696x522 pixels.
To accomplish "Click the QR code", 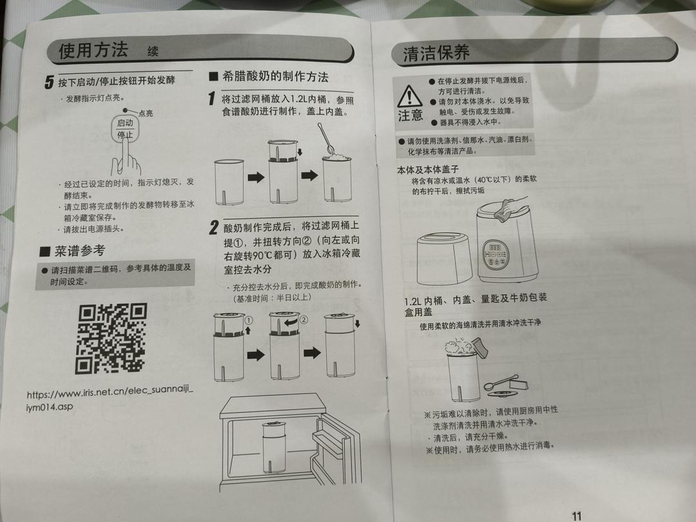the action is pyautogui.click(x=111, y=338).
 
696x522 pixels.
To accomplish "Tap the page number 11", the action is pyautogui.click(x=576, y=516).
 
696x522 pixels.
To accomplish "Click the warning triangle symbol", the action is pyautogui.click(x=409, y=96).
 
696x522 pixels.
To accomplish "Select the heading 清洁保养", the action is pyautogui.click(x=436, y=53).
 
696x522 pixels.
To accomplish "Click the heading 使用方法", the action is pyautogui.click(x=93, y=50).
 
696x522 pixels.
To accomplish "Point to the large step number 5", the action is pyautogui.click(x=49, y=82).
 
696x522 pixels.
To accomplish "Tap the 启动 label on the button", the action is pyautogui.click(x=125, y=123).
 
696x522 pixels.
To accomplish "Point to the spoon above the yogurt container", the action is pyautogui.click(x=325, y=139).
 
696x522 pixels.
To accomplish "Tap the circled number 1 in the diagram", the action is pyautogui.click(x=249, y=320).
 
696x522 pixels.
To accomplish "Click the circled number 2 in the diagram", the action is pyautogui.click(x=304, y=320).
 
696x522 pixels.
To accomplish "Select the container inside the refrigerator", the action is pyautogui.click(x=275, y=447).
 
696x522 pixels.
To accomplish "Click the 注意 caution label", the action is pyautogui.click(x=410, y=116).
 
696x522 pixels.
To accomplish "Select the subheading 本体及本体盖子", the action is pyautogui.click(x=428, y=169).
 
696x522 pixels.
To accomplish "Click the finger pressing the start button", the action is pyautogui.click(x=126, y=155).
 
